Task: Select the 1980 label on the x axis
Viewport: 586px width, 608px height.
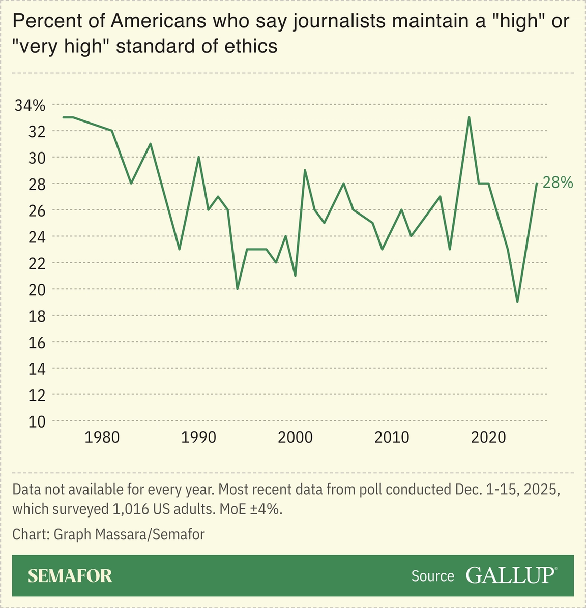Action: [x=102, y=437]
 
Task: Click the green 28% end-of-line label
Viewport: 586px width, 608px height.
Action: [x=558, y=183]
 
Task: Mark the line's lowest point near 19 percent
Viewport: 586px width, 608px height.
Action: [x=517, y=302]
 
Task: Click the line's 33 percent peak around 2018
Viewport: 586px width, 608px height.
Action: [x=469, y=117]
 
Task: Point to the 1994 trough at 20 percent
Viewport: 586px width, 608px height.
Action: [x=237, y=289]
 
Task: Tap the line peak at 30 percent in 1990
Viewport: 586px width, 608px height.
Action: [x=198, y=157]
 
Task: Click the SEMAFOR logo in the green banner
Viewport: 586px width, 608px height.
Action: [x=70, y=575]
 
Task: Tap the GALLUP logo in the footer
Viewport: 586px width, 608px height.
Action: [x=511, y=575]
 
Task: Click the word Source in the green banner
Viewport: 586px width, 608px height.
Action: [x=432, y=576]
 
